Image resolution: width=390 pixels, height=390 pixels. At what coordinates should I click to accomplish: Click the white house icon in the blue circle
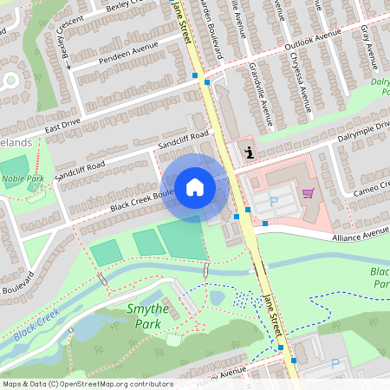[195, 185]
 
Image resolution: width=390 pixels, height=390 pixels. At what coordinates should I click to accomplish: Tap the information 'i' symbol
[250, 153]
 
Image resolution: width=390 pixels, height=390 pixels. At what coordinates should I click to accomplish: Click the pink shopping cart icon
[307, 193]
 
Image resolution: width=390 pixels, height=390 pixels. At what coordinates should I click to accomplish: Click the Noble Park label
[23, 179]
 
